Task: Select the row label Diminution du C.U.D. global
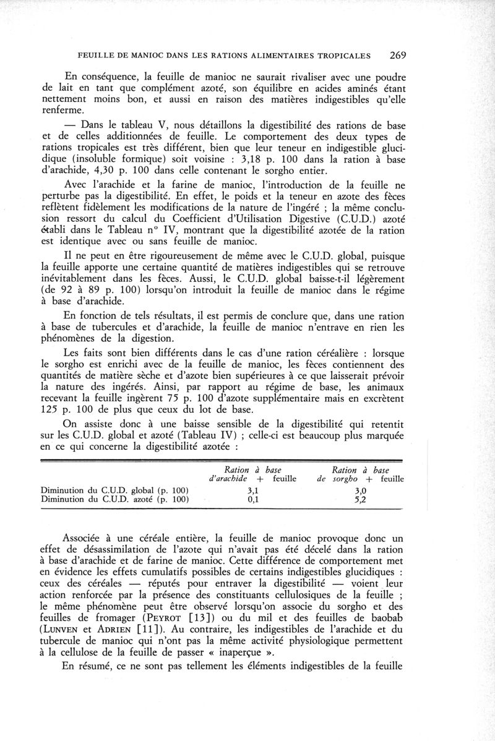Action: click(114, 491)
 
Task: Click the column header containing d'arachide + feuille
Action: click(252, 478)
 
